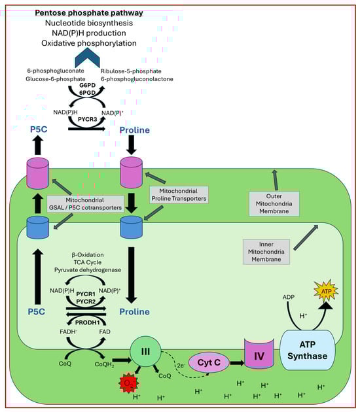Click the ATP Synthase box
(307, 350)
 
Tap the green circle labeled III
(145, 352)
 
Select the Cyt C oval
(209, 362)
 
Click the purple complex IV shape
(259, 354)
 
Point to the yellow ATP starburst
(326, 291)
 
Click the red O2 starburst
(128, 383)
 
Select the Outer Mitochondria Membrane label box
(274, 203)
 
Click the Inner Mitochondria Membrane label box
(266, 252)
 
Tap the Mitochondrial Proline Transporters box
(179, 195)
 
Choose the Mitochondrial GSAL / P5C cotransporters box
(85, 204)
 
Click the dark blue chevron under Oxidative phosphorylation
(87, 58)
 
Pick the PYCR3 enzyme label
(87, 119)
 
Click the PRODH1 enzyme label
(87, 322)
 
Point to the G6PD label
(87, 86)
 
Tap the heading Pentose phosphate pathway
(89, 12)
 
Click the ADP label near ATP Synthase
(289, 297)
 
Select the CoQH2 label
(104, 364)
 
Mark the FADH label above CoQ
(68, 332)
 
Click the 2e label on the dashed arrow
(181, 366)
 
